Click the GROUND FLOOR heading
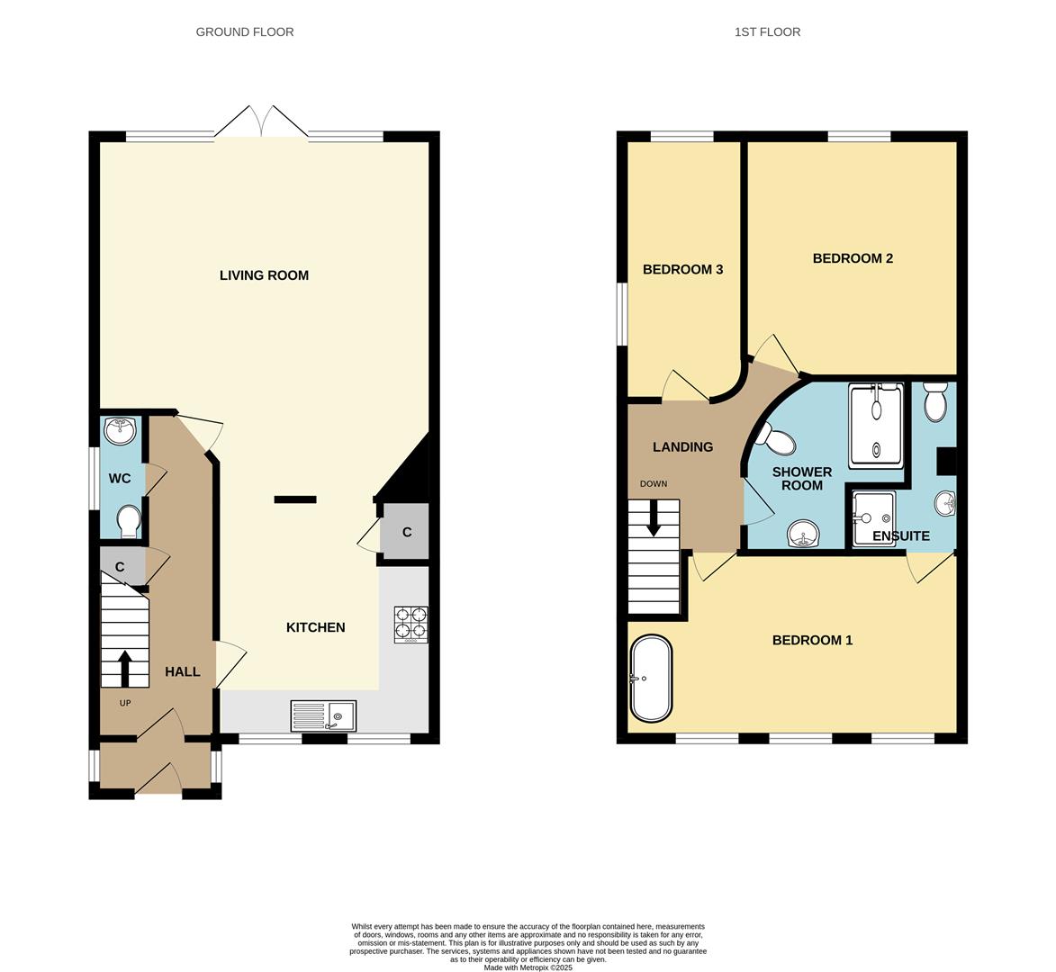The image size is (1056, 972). pos(245,31)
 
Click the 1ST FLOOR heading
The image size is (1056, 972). pos(767,31)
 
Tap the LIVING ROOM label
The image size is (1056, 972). pos(264,275)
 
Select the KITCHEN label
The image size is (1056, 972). pos(315,627)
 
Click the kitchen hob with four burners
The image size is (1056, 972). pos(411,624)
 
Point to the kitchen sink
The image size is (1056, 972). pos(323,716)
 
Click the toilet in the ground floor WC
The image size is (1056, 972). pos(129,519)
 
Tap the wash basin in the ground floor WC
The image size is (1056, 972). pos(120,431)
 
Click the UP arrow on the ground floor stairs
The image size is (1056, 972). pos(123,667)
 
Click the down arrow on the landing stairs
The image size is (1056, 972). pos(653,517)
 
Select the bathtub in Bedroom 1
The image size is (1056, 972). pos(650,679)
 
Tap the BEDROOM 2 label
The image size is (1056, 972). pos(852,258)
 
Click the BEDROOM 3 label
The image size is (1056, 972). pos(682,269)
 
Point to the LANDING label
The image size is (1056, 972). pos(682,446)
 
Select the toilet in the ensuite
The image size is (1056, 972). pos(935,401)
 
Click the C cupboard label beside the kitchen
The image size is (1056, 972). pos(407,533)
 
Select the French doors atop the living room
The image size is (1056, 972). pos(261,121)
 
